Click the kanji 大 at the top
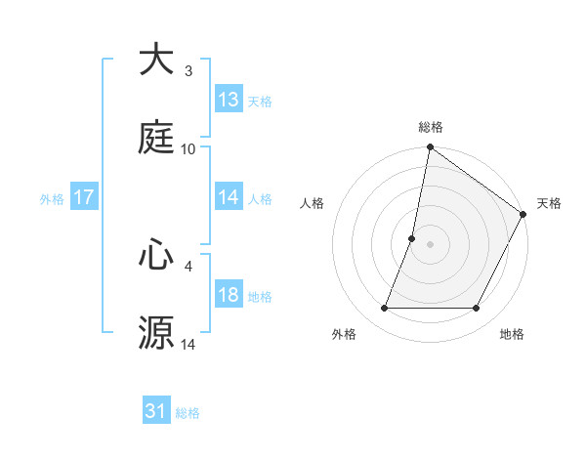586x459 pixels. click(156, 60)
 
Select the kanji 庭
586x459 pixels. click(156, 139)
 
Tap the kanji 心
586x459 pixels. click(156, 255)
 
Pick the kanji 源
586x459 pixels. click(156, 333)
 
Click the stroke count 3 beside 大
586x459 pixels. click(188, 71)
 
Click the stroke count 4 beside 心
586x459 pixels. click(188, 266)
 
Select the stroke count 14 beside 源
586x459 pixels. click(188, 345)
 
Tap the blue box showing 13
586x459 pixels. click(229, 100)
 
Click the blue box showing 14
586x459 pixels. click(229, 197)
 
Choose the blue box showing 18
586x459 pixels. click(229, 295)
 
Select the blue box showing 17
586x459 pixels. click(84, 197)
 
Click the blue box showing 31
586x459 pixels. click(156, 411)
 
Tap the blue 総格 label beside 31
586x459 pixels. click(188, 413)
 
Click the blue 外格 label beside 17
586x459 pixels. click(52, 199)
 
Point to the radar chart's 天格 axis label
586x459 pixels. click(549, 203)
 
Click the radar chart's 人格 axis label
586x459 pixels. click(313, 203)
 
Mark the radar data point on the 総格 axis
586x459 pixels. click(430, 148)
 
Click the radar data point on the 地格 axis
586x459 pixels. click(477, 309)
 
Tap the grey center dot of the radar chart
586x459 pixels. click(430, 244)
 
